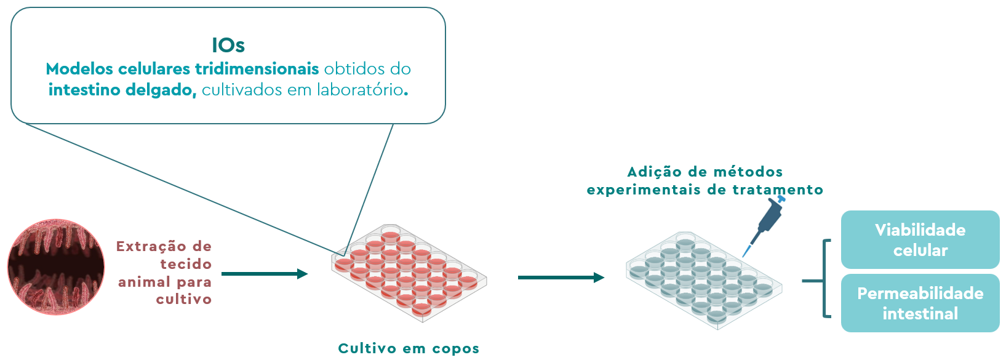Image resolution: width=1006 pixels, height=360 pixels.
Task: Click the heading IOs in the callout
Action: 228,46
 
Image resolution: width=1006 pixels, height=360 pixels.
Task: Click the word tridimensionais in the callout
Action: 257,69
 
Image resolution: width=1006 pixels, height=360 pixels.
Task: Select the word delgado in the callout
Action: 161,90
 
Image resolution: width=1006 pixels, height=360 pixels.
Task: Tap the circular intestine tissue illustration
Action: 56,267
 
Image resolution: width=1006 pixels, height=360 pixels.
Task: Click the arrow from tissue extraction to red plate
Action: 265,274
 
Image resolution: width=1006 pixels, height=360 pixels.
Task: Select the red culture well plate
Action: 409,273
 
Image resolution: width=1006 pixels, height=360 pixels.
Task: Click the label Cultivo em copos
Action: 409,348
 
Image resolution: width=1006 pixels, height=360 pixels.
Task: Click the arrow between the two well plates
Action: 561,278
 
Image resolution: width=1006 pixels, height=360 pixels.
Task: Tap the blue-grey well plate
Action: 704,281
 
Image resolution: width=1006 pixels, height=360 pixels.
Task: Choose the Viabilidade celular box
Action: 920,239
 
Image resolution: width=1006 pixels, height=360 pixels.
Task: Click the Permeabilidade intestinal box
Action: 920,303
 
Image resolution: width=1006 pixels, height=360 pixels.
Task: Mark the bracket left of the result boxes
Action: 824,279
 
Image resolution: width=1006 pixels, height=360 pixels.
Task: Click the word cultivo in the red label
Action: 184,299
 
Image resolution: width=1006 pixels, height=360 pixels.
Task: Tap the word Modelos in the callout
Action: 79,69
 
